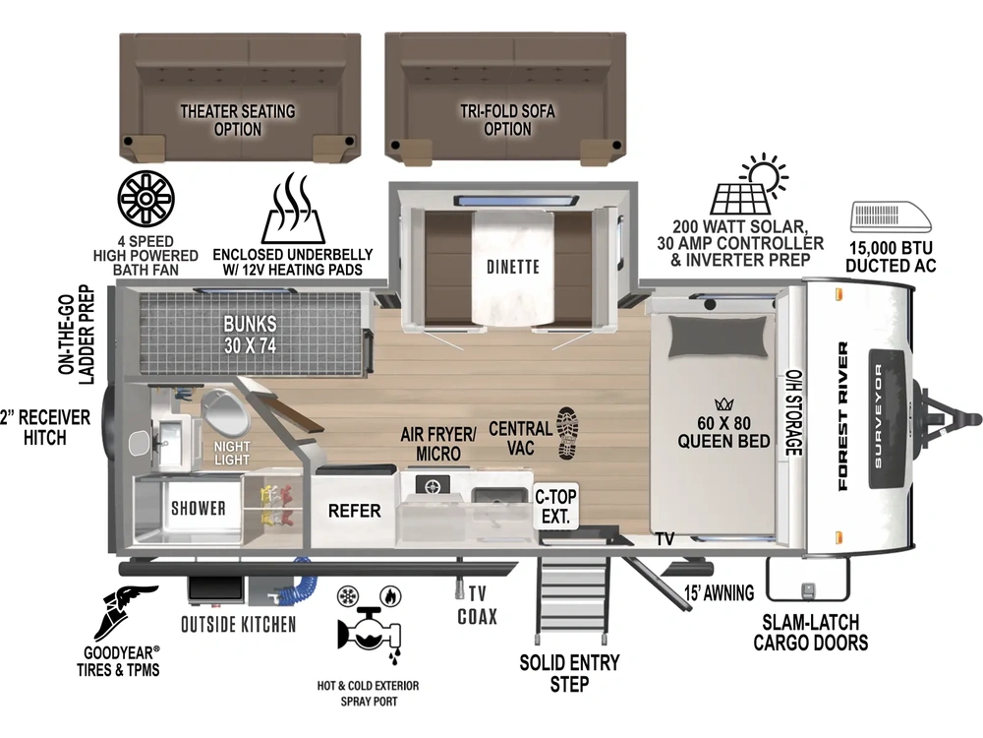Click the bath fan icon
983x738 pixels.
[146, 199]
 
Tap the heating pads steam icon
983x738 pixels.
[293, 209]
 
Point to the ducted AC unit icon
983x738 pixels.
[891, 217]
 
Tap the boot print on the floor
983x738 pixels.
[567, 434]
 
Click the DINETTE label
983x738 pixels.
[513, 268]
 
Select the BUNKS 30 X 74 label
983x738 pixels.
[250, 335]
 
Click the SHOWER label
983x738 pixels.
[199, 508]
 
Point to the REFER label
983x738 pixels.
[354, 511]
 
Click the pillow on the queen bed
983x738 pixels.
[719, 337]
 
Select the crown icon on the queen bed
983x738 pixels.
[723, 404]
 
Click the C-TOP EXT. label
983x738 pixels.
[555, 507]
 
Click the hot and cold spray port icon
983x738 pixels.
[369, 626]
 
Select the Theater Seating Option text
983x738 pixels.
[238, 120]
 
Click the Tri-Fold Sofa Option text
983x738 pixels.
[507, 120]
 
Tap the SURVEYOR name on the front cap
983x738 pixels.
[878, 415]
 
